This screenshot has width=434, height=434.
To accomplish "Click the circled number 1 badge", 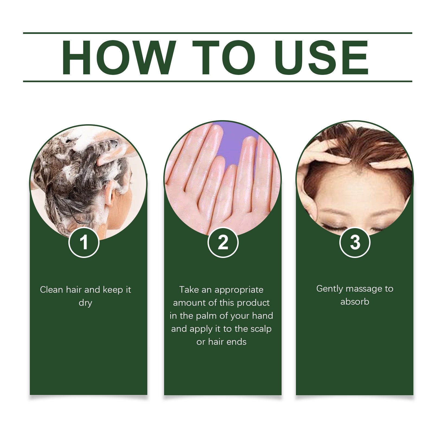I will [84, 242].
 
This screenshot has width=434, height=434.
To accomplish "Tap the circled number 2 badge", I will [223, 242].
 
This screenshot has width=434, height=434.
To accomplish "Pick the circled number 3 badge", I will [355, 242].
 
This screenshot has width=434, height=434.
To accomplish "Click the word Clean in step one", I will [51, 290].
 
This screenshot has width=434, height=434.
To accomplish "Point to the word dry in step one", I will [85, 303].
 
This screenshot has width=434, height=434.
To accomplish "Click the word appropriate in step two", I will [239, 290].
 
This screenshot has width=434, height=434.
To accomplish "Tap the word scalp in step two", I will [261, 329].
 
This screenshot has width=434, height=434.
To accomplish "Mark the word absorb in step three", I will [355, 302].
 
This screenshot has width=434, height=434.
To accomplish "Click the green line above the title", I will [217, 33].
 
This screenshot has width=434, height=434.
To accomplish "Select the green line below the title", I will [217, 81].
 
